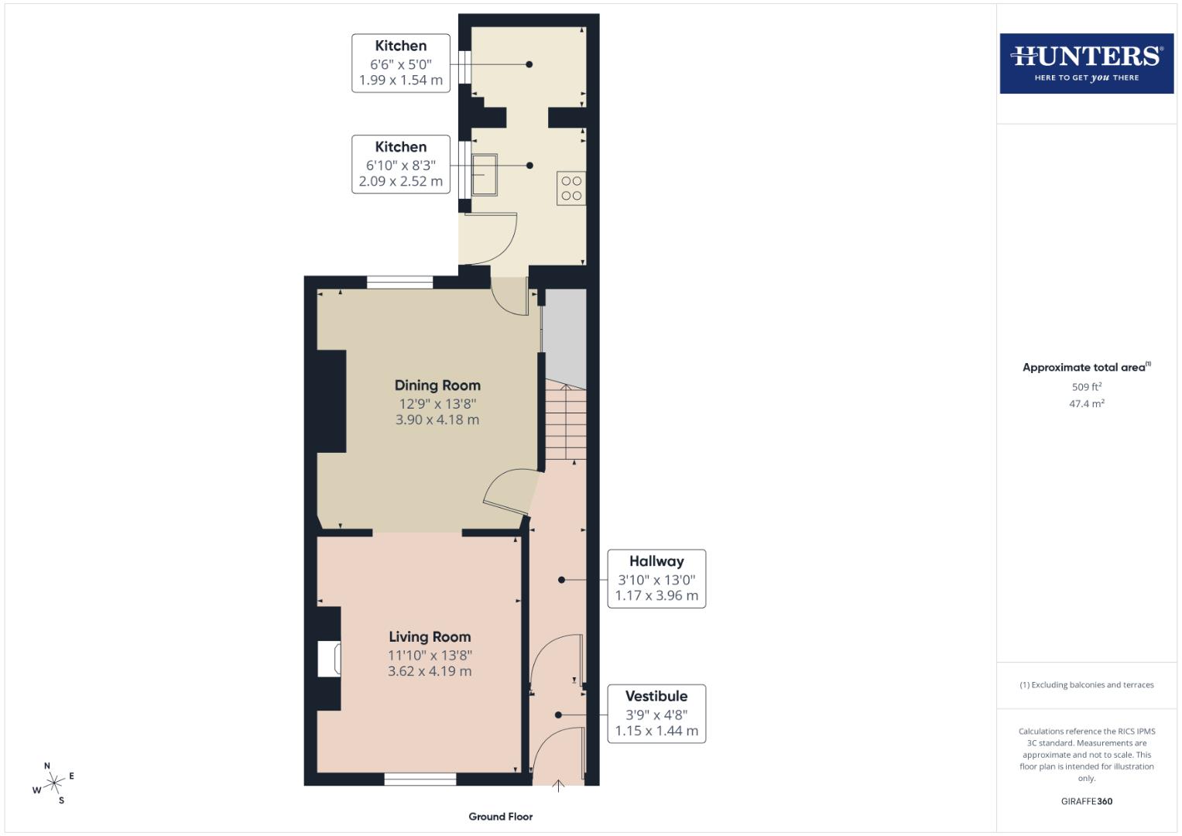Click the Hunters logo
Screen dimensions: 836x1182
(1086, 63)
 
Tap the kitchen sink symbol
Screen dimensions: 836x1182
(484, 175)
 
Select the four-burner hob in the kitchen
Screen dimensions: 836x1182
(571, 188)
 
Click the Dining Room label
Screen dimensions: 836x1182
(437, 385)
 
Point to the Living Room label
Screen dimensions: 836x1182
(430, 637)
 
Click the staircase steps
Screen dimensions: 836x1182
(566, 422)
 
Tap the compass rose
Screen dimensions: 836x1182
(54, 783)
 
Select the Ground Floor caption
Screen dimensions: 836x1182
(501, 817)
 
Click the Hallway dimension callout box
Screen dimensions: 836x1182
(656, 579)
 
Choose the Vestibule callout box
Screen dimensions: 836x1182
(656, 714)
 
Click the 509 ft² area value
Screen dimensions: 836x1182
(1086, 387)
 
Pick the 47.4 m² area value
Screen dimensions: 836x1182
(1086, 403)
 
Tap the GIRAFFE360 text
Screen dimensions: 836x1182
(1086, 801)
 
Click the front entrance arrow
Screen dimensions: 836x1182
(558, 786)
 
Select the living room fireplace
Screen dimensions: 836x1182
(330, 659)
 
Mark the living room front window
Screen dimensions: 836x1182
(420, 779)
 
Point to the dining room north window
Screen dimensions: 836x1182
(399, 283)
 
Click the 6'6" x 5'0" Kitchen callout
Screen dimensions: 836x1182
(401, 63)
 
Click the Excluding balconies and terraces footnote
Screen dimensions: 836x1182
(1086, 685)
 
